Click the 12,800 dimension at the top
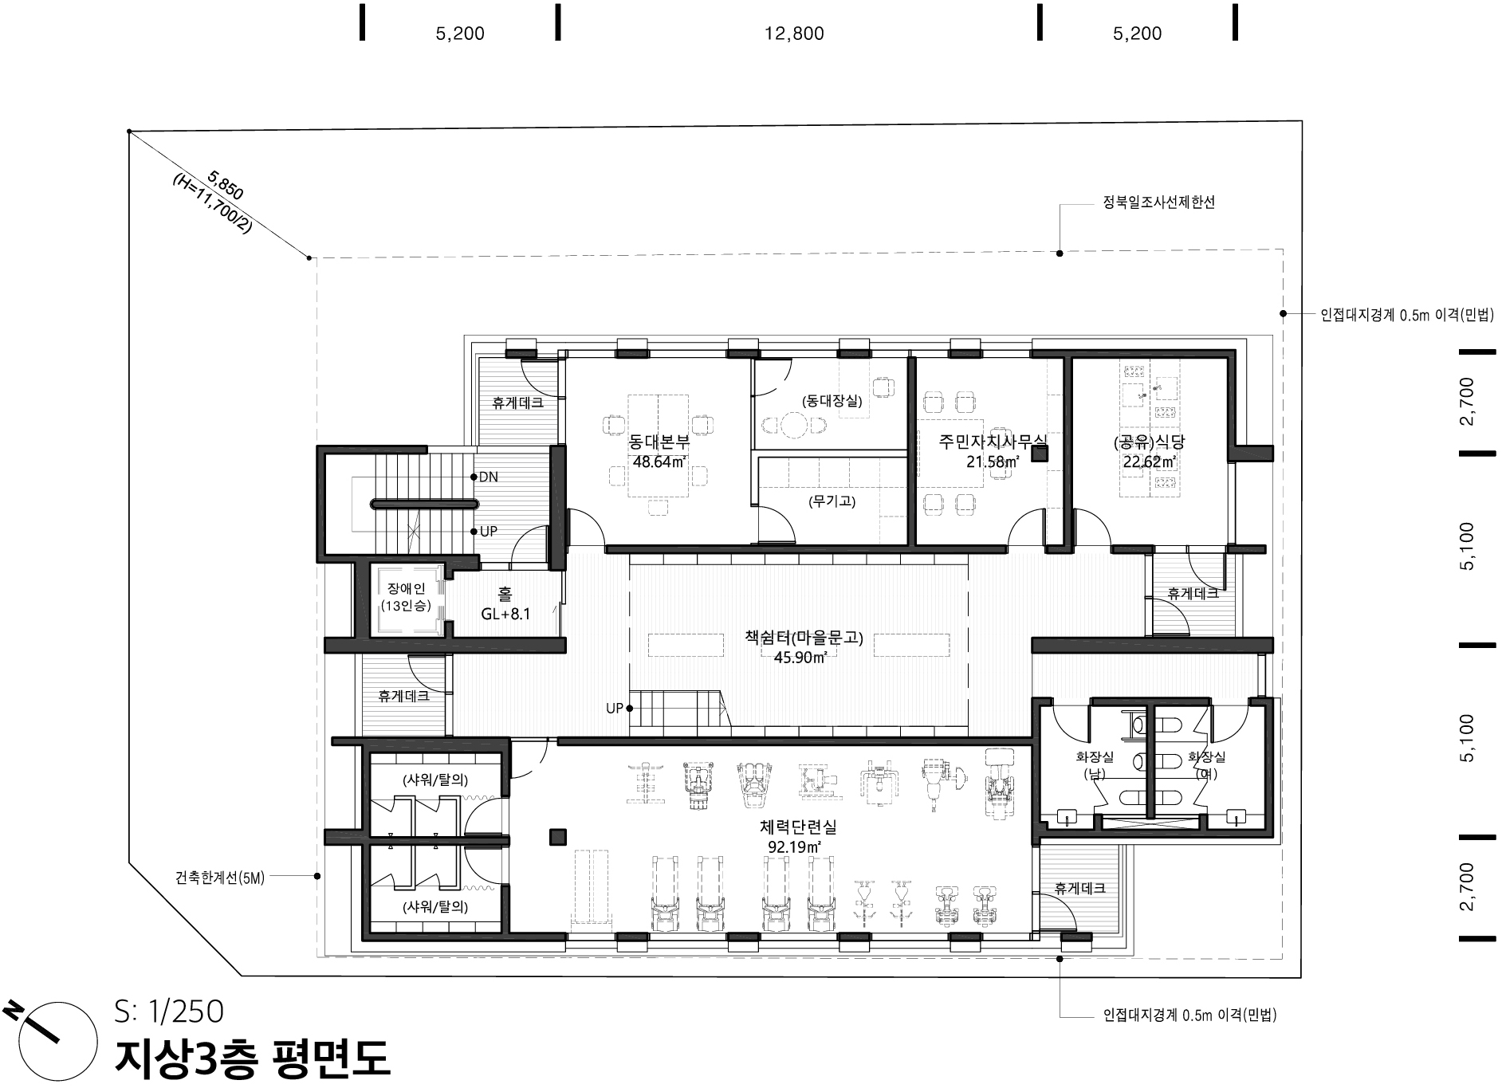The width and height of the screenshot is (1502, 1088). [794, 33]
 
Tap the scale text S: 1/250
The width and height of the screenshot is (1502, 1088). [169, 1011]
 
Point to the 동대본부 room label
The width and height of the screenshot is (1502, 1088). [659, 442]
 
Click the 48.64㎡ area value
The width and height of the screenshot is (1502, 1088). [660, 462]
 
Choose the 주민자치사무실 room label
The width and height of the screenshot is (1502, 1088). [993, 441]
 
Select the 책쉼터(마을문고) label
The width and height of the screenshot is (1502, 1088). [804, 638]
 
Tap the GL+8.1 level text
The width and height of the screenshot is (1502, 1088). [505, 615]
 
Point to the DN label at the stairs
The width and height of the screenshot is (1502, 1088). [488, 477]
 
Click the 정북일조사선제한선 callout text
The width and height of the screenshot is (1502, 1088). [1159, 203]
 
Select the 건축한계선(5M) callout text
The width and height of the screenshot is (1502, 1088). [220, 878]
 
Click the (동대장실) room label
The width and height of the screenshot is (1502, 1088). [832, 402]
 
